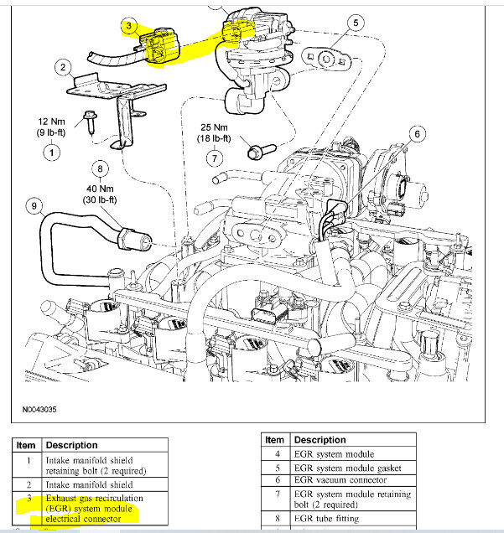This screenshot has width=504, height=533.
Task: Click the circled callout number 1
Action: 51,153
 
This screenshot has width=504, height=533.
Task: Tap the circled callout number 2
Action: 61,67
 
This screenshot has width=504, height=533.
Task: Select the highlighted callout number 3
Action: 128,27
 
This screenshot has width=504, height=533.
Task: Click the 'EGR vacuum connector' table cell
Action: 338,479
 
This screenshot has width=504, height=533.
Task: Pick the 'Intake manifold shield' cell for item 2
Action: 88,484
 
